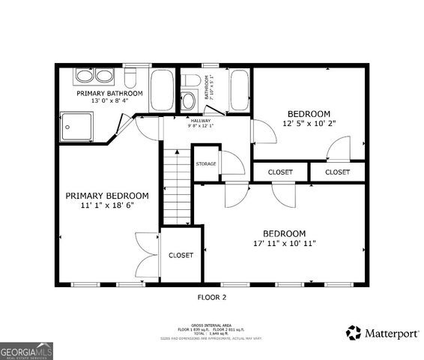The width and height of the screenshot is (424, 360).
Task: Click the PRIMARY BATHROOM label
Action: tap(110, 93)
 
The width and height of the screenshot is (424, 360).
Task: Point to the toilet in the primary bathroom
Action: tap(130, 77)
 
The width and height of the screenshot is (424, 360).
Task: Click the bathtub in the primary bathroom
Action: tap(162, 90)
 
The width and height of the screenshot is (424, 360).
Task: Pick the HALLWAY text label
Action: tap(200, 120)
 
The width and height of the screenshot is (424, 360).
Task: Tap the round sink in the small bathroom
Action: tap(189, 100)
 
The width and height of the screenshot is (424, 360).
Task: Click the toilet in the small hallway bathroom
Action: tap(191, 79)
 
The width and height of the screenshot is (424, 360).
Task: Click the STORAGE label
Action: tap(207, 163)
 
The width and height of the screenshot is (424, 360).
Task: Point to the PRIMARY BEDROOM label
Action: tap(106, 196)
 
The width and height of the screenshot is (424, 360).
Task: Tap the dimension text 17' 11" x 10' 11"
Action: tap(284, 243)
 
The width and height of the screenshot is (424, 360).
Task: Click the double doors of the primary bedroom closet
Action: tap(144, 256)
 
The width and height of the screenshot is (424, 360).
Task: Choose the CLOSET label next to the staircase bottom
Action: tap(181, 255)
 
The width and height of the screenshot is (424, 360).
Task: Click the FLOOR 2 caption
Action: tap(211, 297)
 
